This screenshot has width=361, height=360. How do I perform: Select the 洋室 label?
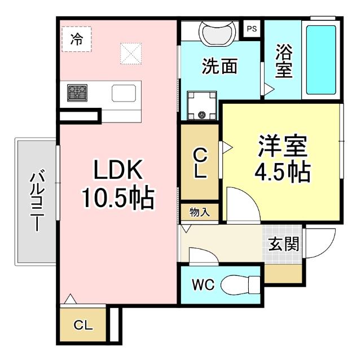click(283, 146)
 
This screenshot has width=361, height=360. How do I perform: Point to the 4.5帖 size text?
click(282, 172)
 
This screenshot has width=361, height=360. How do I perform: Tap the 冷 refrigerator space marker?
click(76, 39)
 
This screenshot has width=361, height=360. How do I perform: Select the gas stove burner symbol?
click(77, 92)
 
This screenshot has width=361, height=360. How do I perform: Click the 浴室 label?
click(283, 62)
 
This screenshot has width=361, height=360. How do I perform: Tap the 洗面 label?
click(219, 67)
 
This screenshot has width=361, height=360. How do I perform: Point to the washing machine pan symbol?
click(202, 106)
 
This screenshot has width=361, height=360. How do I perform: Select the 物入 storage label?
click(199, 212)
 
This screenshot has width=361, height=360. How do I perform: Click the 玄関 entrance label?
click(284, 244)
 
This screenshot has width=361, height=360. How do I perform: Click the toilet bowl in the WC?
click(237, 286)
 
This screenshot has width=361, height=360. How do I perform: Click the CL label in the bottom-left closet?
click(82, 325)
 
